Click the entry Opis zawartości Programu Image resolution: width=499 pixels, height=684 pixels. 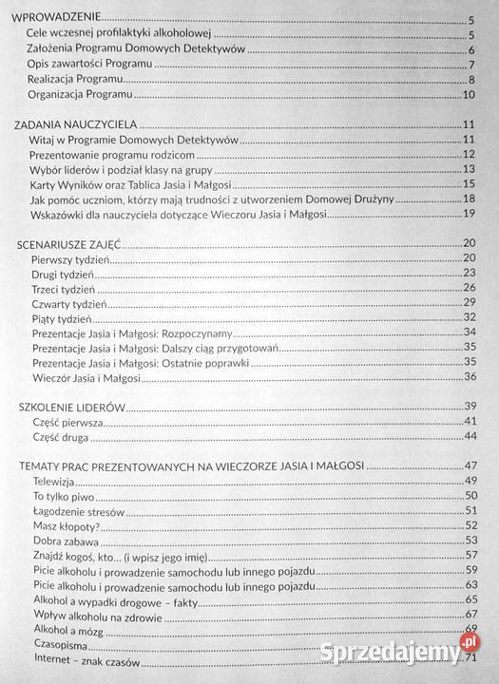[90, 65]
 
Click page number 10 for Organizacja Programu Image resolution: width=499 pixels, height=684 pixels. [469, 95]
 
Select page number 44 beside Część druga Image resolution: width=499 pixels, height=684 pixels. [469, 437]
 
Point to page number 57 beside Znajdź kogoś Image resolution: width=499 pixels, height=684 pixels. [469, 556]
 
